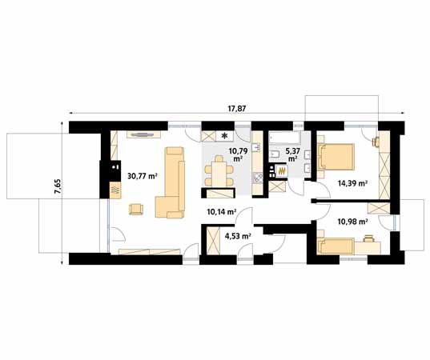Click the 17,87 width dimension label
[x=237, y=109]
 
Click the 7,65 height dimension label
[x=58, y=187]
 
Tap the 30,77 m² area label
[x=143, y=176]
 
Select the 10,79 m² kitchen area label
[x=236, y=154]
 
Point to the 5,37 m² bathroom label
[x=292, y=154]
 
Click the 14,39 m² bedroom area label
[x=352, y=183]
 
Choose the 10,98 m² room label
[x=352, y=222]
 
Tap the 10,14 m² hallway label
[x=222, y=212]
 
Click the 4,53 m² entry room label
[x=238, y=236]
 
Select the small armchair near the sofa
[x=136, y=209]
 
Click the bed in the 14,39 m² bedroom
[x=336, y=157]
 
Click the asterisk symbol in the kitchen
[x=224, y=135]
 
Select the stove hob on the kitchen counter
[x=258, y=178]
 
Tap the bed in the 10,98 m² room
[x=336, y=246]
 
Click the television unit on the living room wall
[x=143, y=134]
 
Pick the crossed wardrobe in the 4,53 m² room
[x=213, y=241]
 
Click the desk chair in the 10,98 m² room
[x=368, y=238]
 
